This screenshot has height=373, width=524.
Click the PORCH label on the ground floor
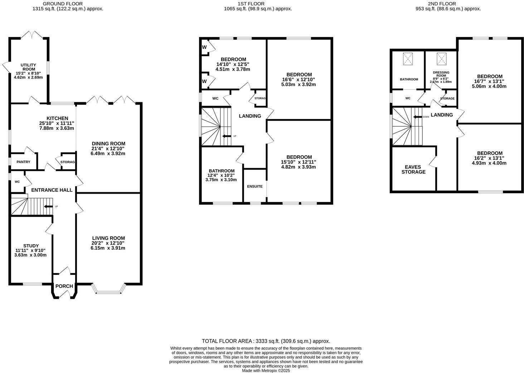(x=64, y=286)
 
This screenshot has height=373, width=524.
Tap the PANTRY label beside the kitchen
(x=23, y=162)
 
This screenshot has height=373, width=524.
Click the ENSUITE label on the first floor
(x=255, y=186)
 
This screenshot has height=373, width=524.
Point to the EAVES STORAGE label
(x=413, y=169)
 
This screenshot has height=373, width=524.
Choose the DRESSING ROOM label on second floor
(x=441, y=74)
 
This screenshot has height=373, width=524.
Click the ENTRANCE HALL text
(x=52, y=190)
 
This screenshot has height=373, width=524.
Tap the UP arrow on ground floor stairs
(x=48, y=207)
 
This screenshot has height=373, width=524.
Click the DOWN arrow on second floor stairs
(x=418, y=117)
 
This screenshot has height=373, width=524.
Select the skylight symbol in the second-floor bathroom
(x=408, y=59)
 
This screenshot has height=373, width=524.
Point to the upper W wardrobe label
(x=204, y=47)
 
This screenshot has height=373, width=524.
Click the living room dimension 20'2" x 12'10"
(x=108, y=243)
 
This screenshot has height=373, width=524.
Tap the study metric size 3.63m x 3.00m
(x=30, y=255)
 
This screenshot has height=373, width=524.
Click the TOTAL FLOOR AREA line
(x=266, y=341)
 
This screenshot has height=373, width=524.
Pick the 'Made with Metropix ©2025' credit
(x=266, y=370)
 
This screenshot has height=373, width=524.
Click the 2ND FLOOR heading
(x=442, y=4)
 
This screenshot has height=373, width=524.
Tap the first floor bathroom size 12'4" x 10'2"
(x=222, y=175)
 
